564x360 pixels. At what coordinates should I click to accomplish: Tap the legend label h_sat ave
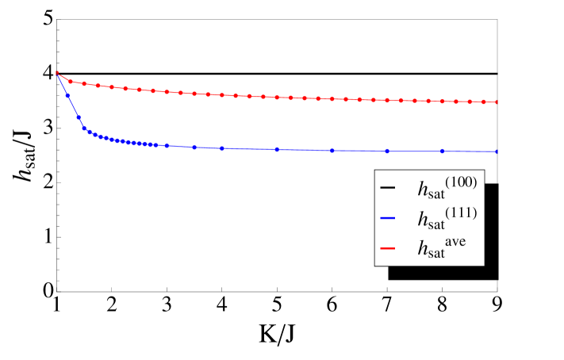tap(440, 248)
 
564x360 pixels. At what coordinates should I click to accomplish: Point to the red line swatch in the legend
tap(388, 249)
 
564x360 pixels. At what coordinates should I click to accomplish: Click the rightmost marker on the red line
tap(497, 102)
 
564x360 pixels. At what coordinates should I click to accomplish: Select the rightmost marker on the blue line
tap(497, 151)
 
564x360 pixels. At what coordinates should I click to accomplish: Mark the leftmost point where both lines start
tap(57, 73)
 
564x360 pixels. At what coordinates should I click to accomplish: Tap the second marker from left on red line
tap(71, 81)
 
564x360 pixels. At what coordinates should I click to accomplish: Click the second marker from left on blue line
tap(67, 95)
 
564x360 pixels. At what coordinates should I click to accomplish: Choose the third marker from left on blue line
tap(78, 117)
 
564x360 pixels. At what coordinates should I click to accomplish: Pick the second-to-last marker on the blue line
tap(443, 151)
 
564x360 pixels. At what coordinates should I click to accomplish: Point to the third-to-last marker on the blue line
tap(387, 151)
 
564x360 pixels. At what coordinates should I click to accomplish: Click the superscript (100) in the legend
tap(462, 182)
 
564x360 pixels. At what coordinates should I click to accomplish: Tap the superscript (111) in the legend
tap(462, 213)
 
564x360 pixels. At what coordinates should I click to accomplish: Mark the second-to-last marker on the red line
tap(484, 102)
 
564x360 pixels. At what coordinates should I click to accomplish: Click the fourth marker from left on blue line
tap(84, 128)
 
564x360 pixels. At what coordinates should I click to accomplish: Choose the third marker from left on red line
tap(84, 83)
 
